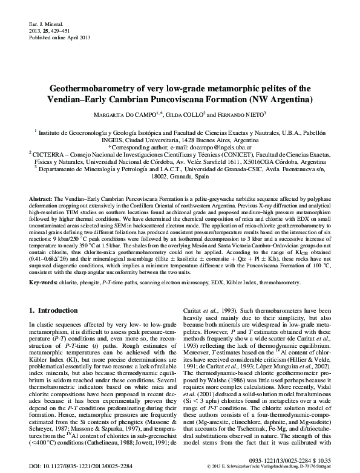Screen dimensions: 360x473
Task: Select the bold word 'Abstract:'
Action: coord(41,199)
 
